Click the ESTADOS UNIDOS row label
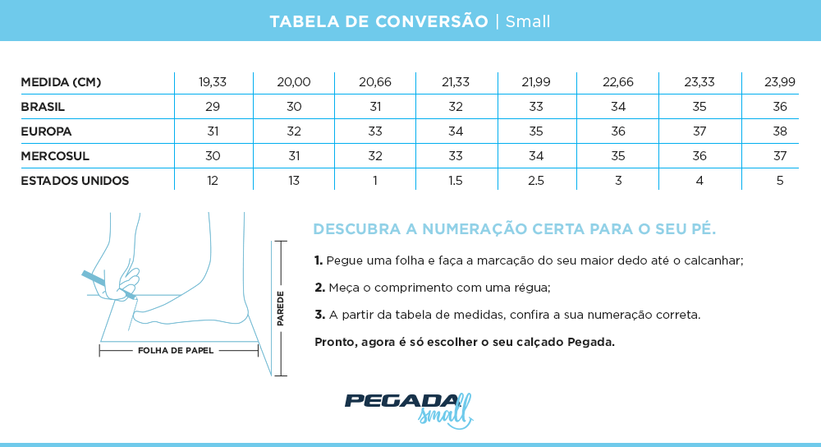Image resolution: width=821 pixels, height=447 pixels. [75, 181]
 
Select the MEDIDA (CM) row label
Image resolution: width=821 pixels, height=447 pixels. [61, 82]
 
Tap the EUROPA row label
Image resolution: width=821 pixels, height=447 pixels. [46, 131]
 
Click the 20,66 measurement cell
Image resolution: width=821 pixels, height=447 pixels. [375, 82]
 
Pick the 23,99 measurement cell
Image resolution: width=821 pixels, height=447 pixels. [780, 82]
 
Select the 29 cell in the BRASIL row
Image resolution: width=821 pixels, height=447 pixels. [213, 107]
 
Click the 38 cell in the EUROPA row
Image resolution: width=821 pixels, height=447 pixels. [780, 131]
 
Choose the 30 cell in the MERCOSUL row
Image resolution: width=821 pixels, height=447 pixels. [213, 156]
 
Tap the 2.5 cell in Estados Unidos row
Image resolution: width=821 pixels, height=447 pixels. [536, 181]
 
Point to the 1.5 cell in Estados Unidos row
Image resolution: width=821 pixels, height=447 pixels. [456, 181]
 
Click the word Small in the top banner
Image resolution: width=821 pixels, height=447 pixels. [528, 21]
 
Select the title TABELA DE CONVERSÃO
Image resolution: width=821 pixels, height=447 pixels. [378, 21]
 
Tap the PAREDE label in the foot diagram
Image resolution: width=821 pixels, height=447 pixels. [281, 308]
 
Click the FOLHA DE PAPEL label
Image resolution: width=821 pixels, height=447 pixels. [176, 350]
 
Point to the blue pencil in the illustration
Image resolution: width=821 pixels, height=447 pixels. [94, 278]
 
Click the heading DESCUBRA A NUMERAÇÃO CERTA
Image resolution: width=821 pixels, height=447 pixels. [515, 228]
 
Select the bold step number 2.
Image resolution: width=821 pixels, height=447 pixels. [320, 288]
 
